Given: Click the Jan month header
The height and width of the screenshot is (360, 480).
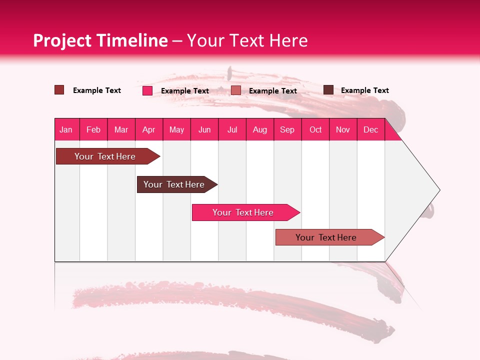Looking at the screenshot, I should (66, 129).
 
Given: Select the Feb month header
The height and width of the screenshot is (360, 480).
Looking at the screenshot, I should (93, 129).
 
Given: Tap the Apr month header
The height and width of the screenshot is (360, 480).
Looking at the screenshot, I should (148, 129).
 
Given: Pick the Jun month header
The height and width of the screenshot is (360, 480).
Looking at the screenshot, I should (204, 129).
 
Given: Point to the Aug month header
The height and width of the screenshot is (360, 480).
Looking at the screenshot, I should (259, 129).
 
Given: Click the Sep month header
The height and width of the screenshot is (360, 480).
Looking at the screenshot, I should (287, 129).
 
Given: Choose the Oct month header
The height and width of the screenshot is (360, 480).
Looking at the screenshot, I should (315, 129).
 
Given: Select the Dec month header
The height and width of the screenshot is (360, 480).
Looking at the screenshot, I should (370, 129).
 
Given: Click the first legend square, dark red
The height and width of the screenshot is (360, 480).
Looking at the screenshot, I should (59, 90).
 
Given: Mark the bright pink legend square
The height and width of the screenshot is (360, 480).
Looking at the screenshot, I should (147, 90).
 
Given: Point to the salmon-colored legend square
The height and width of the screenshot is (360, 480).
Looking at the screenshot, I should (236, 90).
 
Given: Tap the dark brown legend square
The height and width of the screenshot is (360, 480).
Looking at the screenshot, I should (328, 90).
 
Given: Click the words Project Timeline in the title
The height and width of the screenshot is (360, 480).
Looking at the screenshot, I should (100, 40).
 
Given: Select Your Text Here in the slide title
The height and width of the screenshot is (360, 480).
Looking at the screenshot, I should (247, 40).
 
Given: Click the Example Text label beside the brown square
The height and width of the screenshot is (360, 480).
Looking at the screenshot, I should (364, 90).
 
